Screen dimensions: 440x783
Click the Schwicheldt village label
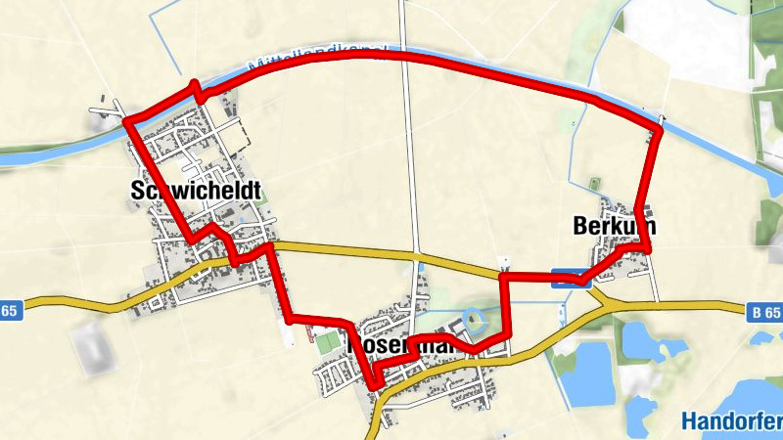click(196, 193)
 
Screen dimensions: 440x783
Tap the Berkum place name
click(614, 227)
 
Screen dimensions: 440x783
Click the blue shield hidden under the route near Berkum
click(568, 278)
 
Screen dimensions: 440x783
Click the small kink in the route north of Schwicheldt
click(199, 92)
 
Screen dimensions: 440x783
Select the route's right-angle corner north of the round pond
click(503, 278)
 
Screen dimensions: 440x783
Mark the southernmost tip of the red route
click(374, 387)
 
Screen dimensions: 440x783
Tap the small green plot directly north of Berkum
click(594, 184)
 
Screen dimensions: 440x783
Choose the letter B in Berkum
click(579, 227)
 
